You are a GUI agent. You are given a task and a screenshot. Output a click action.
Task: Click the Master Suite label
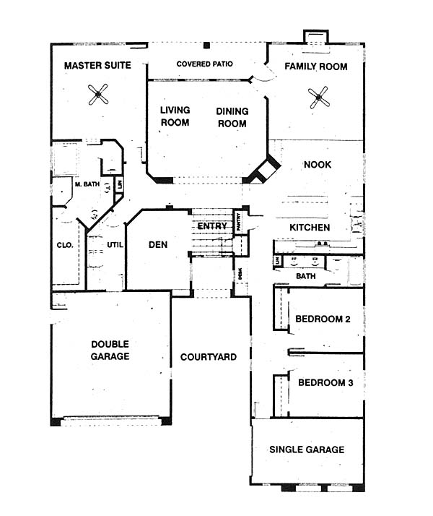point(97,66)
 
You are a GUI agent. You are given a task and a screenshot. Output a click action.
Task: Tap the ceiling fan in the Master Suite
point(98,93)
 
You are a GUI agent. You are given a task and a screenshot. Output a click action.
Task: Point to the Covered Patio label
point(205,64)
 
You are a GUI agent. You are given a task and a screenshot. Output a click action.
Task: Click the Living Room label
point(175,116)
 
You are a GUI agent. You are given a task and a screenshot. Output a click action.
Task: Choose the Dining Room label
point(232,117)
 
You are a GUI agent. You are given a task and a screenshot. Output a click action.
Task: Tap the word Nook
point(318,165)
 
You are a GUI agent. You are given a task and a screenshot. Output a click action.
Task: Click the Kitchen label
point(310,228)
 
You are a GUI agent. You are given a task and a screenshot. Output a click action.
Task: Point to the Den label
point(158,245)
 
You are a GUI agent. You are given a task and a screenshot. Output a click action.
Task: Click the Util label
point(116,246)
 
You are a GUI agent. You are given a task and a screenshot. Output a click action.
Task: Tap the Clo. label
point(65,245)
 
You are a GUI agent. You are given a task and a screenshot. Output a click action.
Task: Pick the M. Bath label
point(86,184)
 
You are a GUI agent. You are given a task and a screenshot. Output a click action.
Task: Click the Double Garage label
point(110,351)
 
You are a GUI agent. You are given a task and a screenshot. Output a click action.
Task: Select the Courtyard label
point(209,357)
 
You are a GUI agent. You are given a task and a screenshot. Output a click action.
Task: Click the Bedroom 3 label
point(325,383)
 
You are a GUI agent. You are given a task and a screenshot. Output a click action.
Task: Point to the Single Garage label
point(307,450)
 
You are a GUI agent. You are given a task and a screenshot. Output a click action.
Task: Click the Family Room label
point(315,66)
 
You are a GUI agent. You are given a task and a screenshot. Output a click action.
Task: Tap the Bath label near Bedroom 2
point(305,275)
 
